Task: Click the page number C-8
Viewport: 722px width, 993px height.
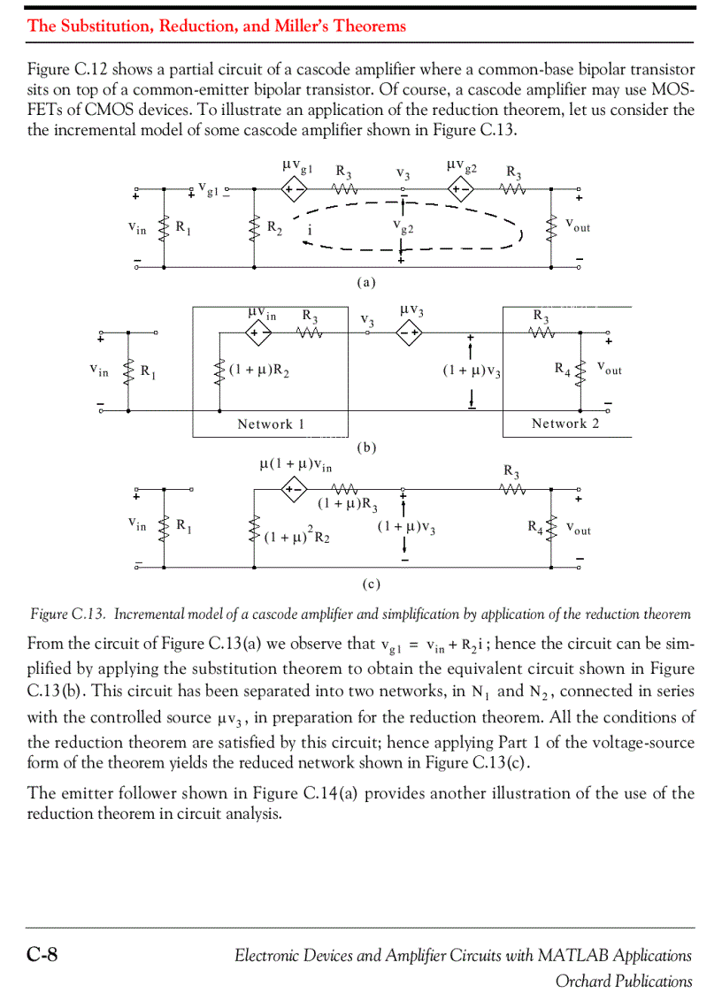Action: pyautogui.click(x=42, y=954)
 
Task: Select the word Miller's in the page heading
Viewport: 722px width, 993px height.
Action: pyautogui.click(x=305, y=26)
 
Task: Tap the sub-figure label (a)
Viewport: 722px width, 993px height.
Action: pyautogui.click(x=366, y=283)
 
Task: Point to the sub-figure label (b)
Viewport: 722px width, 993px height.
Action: pyautogui.click(x=366, y=447)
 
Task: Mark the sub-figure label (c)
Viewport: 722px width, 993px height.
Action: pyautogui.click(x=371, y=584)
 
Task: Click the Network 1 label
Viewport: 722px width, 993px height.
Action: pyautogui.click(x=271, y=424)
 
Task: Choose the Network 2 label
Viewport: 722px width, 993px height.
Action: pyautogui.click(x=565, y=424)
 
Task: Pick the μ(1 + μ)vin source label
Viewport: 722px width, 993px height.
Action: pyautogui.click(x=296, y=463)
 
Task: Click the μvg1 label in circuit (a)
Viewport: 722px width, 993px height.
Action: pyautogui.click(x=297, y=166)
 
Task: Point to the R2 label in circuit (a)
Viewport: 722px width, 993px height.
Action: pyautogui.click(x=275, y=226)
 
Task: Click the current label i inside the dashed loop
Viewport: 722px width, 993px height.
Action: pyautogui.click(x=310, y=232)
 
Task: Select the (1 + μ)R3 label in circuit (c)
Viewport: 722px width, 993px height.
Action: pyautogui.click(x=348, y=507)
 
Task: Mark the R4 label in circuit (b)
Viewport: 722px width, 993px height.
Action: pyautogui.click(x=562, y=368)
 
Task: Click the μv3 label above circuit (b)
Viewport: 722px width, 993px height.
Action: pyautogui.click(x=411, y=312)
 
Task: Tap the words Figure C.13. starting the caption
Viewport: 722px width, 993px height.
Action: pyautogui.click(x=69, y=614)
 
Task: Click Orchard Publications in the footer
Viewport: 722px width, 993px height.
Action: pyautogui.click(x=624, y=981)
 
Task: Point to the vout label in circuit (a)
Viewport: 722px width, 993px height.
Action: pyautogui.click(x=578, y=226)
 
